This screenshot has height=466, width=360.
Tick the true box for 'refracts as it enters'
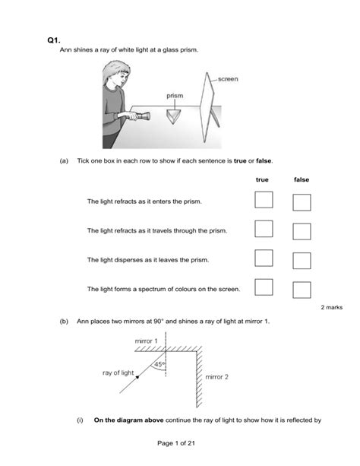coord(264,200)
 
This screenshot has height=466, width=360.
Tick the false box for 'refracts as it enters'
coord(302,202)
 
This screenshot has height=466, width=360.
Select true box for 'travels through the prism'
coord(264,229)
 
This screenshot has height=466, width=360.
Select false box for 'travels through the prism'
coord(302,231)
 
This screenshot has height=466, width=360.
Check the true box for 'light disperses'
coord(264,258)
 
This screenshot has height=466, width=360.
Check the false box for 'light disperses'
coord(302,261)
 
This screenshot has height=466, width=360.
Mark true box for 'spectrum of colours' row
coord(264,287)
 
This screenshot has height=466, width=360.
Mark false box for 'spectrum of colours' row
coord(302,290)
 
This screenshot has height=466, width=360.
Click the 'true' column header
coord(263,179)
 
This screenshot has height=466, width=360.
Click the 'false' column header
coord(302,179)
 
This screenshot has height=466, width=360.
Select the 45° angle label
coord(159,364)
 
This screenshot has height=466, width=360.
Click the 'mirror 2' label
coord(216,376)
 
